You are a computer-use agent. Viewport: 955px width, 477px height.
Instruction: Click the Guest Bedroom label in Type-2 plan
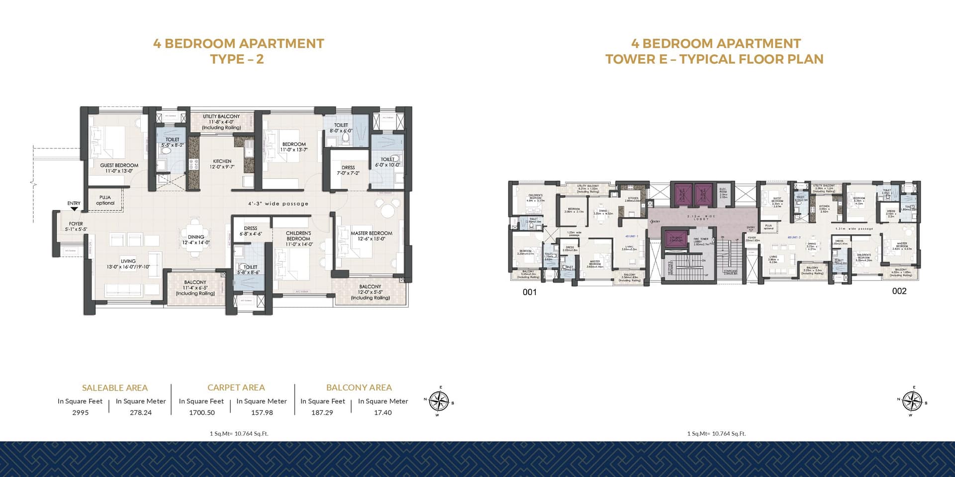click(x=119, y=168)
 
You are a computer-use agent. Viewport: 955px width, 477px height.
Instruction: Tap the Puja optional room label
click(x=105, y=200)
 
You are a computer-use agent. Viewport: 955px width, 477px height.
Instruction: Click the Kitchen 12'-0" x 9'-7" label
click(x=222, y=164)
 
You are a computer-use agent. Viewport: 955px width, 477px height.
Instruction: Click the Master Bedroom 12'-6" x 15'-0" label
click(x=371, y=236)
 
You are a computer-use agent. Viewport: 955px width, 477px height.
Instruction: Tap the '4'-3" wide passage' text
click(x=279, y=204)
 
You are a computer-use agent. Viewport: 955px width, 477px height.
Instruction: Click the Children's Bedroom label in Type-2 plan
click(x=298, y=238)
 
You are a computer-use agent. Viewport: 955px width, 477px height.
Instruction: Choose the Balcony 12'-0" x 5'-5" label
click(x=370, y=292)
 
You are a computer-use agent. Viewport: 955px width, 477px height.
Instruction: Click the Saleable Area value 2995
click(x=80, y=412)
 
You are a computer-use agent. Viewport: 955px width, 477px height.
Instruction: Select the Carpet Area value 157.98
click(x=262, y=412)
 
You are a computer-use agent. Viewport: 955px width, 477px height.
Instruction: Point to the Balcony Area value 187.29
click(x=322, y=412)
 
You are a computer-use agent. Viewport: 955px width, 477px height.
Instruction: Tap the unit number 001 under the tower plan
click(x=530, y=292)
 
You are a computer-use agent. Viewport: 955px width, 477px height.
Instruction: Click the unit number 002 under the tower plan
click(x=899, y=291)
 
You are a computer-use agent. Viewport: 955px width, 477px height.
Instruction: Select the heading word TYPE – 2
click(x=237, y=59)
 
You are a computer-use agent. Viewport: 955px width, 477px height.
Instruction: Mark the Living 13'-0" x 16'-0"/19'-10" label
click(x=128, y=264)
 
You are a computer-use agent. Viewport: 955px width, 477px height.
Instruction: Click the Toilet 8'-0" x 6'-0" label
click(x=341, y=128)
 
